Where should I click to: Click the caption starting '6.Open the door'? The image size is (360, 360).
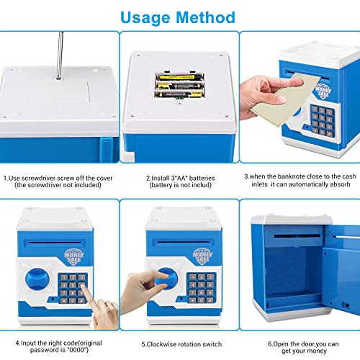point(302,344)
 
